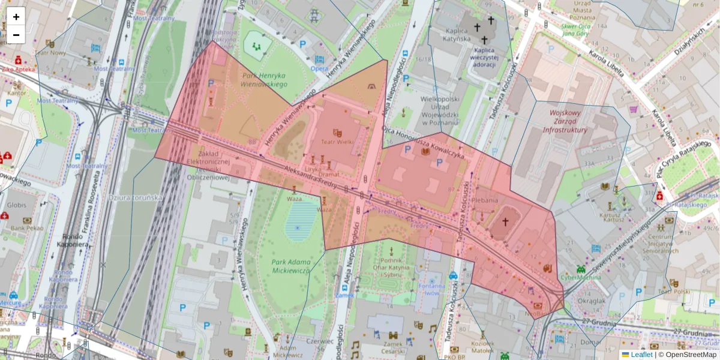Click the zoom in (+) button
pyautogui.click(x=16, y=16)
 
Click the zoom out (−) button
pyautogui.click(x=16, y=34)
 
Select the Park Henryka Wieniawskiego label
pyautogui.click(x=265, y=80)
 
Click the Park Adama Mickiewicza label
pyautogui.click(x=291, y=266)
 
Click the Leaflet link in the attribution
pyautogui.click(x=641, y=355)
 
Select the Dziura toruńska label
pyautogui.click(x=136, y=197)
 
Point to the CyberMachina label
pyautogui.click(x=581, y=277)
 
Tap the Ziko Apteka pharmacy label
pyautogui.click(x=18, y=69)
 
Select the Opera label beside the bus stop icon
pyautogui.click(x=319, y=68)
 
